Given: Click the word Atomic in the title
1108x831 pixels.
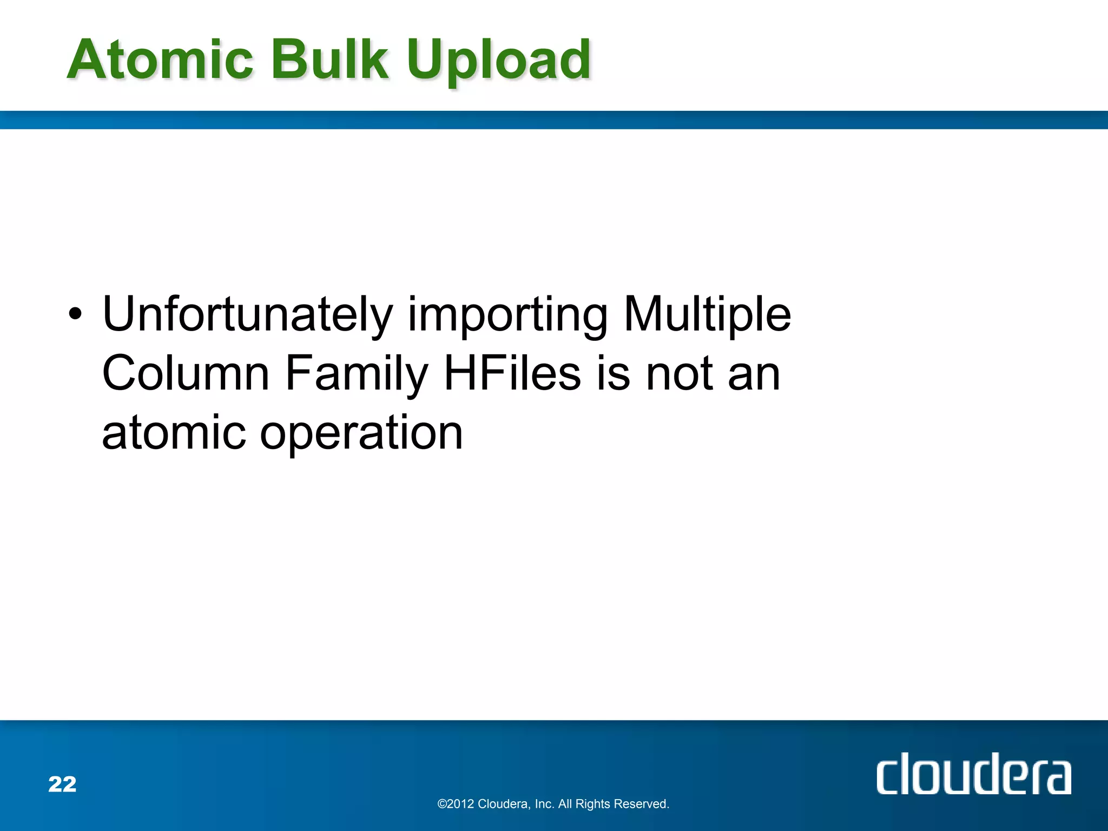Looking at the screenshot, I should [x=160, y=60].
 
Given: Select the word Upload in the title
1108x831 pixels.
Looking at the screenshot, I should [x=499, y=62].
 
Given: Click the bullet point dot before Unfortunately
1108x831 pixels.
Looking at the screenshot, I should [x=75, y=314].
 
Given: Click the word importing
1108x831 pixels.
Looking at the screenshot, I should [x=507, y=316].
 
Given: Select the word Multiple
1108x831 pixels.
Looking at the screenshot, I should [x=707, y=315].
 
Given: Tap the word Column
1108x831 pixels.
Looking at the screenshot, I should [x=186, y=373].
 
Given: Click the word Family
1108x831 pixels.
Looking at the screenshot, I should [x=357, y=375].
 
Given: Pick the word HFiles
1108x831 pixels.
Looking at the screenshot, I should [x=512, y=373].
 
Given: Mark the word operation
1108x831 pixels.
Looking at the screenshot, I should [x=361, y=434].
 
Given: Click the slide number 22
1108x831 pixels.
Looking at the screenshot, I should [x=62, y=784].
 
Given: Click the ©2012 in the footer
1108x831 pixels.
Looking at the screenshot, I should [x=456, y=804].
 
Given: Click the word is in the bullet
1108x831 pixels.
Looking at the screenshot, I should [x=614, y=373].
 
